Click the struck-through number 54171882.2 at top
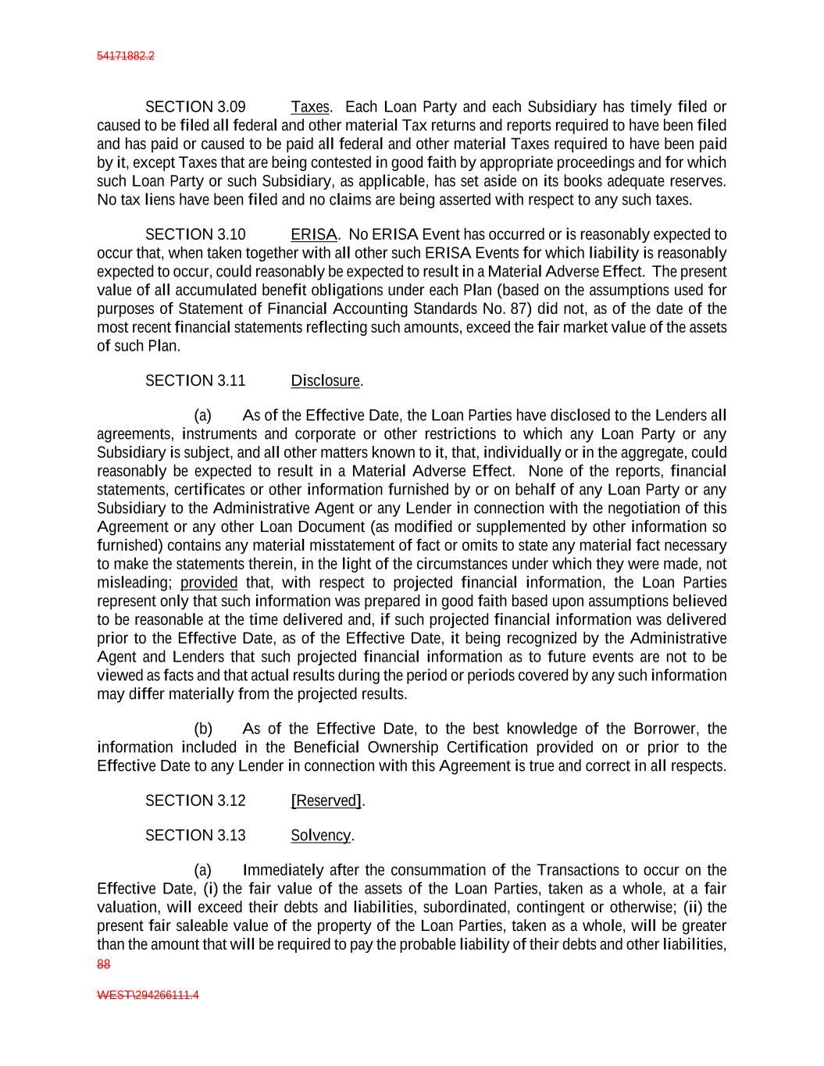(x=125, y=56)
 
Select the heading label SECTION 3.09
(x=195, y=107)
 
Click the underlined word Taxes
(x=311, y=107)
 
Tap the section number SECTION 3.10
(x=195, y=234)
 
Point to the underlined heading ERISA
(x=314, y=234)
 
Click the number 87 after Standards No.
(x=519, y=308)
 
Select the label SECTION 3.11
(x=195, y=380)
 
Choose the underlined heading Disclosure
(x=326, y=380)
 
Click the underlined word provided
(x=209, y=583)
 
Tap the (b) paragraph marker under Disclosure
(x=203, y=729)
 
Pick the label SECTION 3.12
(x=195, y=800)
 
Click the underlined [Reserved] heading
(x=326, y=800)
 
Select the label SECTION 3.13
(x=195, y=836)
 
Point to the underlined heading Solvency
(x=321, y=836)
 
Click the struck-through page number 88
(x=103, y=964)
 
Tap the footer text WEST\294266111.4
(x=148, y=996)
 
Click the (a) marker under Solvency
(x=203, y=870)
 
